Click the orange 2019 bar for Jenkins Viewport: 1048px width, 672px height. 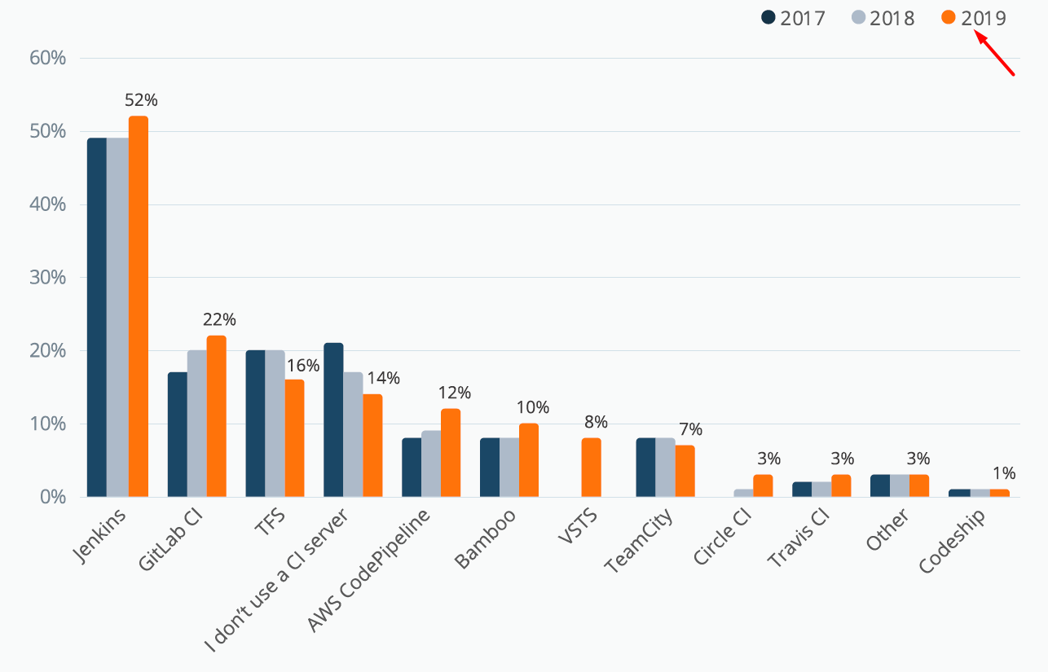139,306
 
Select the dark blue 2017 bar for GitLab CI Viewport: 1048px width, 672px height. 178,434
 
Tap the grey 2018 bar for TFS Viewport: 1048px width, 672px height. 275,424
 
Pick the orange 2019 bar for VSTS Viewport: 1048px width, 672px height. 591,468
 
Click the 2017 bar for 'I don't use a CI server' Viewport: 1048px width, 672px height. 333,419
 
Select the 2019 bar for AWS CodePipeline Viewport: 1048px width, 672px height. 451,453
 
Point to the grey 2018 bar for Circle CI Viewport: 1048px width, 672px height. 743,493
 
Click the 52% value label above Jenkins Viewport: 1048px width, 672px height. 141,100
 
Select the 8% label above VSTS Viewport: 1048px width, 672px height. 596,422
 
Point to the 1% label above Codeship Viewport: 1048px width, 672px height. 1004,473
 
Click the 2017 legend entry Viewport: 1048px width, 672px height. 794,18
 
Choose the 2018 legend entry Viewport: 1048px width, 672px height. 883,18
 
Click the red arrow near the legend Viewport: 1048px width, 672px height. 995,55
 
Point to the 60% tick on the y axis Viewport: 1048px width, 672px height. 47,59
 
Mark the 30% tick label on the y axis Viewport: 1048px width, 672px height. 47,278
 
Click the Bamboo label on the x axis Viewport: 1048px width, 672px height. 487,539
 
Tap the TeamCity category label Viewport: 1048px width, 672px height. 638,542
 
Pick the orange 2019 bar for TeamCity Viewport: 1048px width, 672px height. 685,471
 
